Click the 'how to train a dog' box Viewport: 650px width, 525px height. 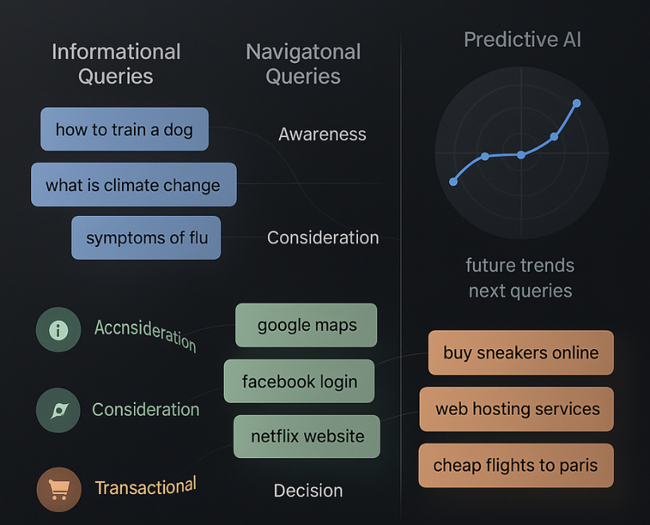[124, 129]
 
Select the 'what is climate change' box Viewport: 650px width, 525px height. [134, 185]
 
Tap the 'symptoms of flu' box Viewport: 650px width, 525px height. [146, 237]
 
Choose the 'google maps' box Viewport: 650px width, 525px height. [306, 325]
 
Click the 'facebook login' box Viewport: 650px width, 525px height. [299, 381]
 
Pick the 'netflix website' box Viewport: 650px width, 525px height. [307, 437]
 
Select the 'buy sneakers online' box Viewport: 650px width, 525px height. [521, 353]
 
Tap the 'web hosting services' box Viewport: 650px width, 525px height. [517, 409]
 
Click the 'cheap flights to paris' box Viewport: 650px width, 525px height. [516, 465]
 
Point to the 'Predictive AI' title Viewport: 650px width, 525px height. [522, 40]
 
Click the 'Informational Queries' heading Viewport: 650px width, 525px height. [116, 65]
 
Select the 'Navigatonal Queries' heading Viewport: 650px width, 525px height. [303, 65]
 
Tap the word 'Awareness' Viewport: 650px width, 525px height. [322, 134]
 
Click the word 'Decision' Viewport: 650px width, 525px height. [309, 491]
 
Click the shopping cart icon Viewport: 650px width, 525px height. [59, 489]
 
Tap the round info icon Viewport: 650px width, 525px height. [58, 330]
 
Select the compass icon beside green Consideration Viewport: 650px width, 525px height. [58, 410]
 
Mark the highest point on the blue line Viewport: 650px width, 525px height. [577, 103]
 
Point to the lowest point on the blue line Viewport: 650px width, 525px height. [454, 182]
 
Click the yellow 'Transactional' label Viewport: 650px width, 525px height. [145, 486]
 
